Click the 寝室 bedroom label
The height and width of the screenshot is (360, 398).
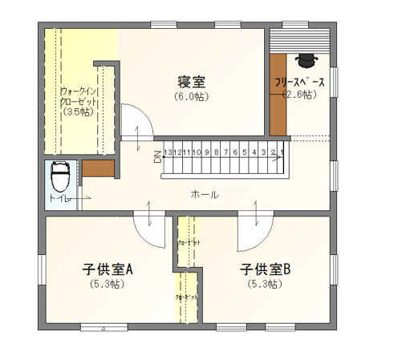193,81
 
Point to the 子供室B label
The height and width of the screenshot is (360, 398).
264,269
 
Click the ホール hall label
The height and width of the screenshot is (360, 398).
205,195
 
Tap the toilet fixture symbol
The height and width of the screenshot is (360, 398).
60,175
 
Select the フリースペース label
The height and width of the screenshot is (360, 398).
299,83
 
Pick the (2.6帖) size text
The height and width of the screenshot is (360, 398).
299,95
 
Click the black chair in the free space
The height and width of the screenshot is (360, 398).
307,59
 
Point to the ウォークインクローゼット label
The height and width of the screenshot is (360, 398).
79,96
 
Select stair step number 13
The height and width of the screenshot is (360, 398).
167,151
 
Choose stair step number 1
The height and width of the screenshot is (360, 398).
282,151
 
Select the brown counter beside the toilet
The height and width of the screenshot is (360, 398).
99,169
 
